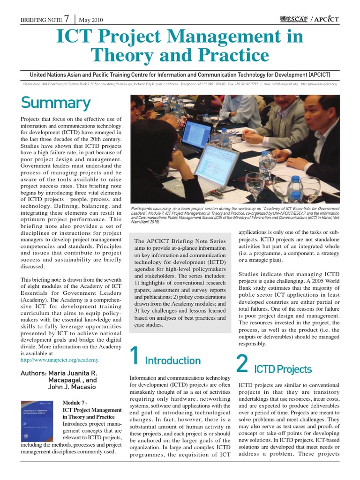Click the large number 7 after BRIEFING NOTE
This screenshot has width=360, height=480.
67,19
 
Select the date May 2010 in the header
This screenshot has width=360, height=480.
91,20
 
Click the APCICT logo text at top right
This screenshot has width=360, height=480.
324,19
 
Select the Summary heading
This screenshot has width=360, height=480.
55,102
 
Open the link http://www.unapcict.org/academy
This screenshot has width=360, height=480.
60,360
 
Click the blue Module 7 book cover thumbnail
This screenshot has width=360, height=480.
39,420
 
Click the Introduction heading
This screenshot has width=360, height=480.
172,360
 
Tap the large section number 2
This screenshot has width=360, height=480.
242,363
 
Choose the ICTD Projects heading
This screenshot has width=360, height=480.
282,369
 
